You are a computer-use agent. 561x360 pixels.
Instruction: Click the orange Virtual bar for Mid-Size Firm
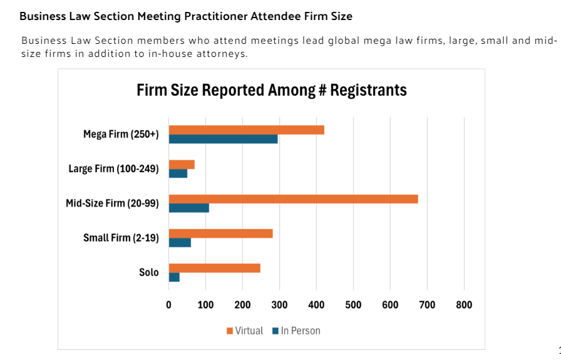(293, 199)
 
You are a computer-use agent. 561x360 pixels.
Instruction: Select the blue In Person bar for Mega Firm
(223, 139)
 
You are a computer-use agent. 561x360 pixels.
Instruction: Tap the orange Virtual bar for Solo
(214, 268)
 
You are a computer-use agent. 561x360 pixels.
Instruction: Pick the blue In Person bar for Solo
(174, 277)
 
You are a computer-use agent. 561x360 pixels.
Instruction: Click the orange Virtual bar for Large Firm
(182, 165)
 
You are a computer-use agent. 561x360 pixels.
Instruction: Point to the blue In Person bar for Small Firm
(180, 243)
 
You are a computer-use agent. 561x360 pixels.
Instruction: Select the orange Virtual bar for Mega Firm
(246, 130)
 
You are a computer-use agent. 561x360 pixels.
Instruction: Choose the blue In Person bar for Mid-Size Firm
(188, 208)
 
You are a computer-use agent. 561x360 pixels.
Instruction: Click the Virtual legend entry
(244, 331)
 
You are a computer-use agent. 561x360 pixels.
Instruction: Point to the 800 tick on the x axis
(464, 305)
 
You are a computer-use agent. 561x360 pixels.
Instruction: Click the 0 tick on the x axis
(168, 305)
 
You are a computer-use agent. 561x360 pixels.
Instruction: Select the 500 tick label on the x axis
(353, 305)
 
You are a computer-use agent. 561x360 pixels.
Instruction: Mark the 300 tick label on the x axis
(279, 305)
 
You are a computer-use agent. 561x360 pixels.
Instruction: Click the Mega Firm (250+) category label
(121, 134)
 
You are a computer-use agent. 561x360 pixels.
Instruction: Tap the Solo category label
(148, 272)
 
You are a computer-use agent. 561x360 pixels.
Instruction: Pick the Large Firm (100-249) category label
(113, 168)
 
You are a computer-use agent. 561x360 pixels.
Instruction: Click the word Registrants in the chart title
(368, 90)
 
